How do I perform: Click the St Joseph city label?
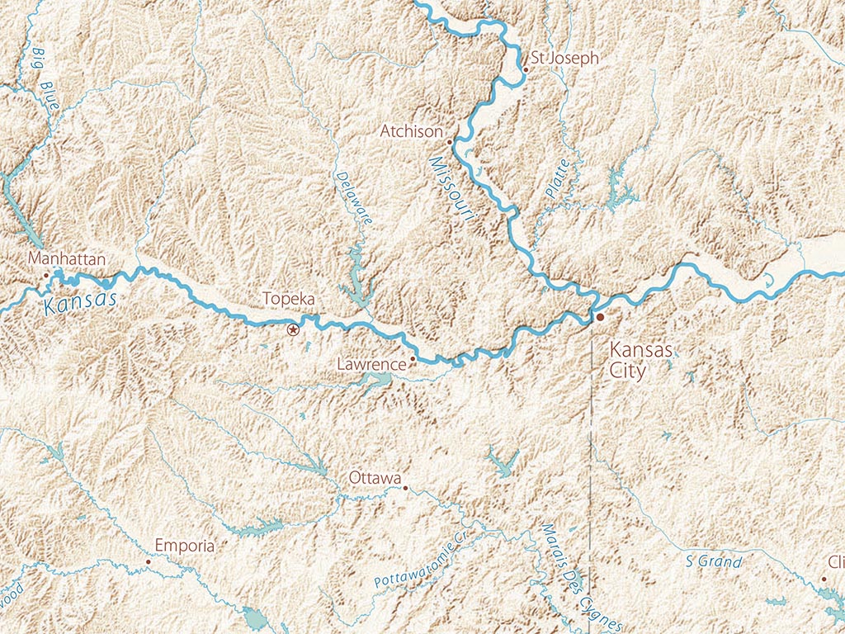coord(564,59)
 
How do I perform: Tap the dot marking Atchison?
coord(449,141)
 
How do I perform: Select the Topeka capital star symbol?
coord(292,330)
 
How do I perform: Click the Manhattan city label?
coord(67,259)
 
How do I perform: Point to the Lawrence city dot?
coord(413,359)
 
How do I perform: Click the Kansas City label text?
coord(640,360)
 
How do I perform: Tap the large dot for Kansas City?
coord(600,317)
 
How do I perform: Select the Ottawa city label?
coord(375,478)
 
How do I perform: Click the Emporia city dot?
coord(148,561)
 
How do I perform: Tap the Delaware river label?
coord(355,198)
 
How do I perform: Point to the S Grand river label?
coord(714,562)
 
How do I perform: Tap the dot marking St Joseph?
coord(525,70)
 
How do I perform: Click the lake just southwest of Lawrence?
coord(375,380)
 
